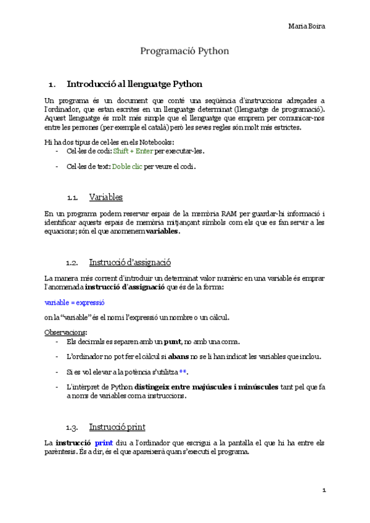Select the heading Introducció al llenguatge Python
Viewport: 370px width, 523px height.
tap(134, 83)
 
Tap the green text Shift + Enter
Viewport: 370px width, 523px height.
tap(133, 150)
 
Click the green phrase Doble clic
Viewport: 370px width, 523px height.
tap(127, 167)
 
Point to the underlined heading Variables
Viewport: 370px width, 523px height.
tap(106, 197)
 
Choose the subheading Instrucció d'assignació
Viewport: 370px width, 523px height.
tap(130, 262)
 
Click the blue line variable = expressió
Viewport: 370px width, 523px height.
tap(75, 303)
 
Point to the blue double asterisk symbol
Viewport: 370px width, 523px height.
tap(183, 373)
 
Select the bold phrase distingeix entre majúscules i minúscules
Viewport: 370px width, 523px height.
tap(210, 387)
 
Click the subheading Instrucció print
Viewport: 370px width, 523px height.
tap(118, 427)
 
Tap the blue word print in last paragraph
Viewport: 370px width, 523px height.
tap(104, 443)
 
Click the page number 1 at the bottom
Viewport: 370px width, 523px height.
tap(323, 490)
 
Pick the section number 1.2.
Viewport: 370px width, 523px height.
tap(73, 263)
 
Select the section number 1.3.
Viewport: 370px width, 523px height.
tap(73, 427)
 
